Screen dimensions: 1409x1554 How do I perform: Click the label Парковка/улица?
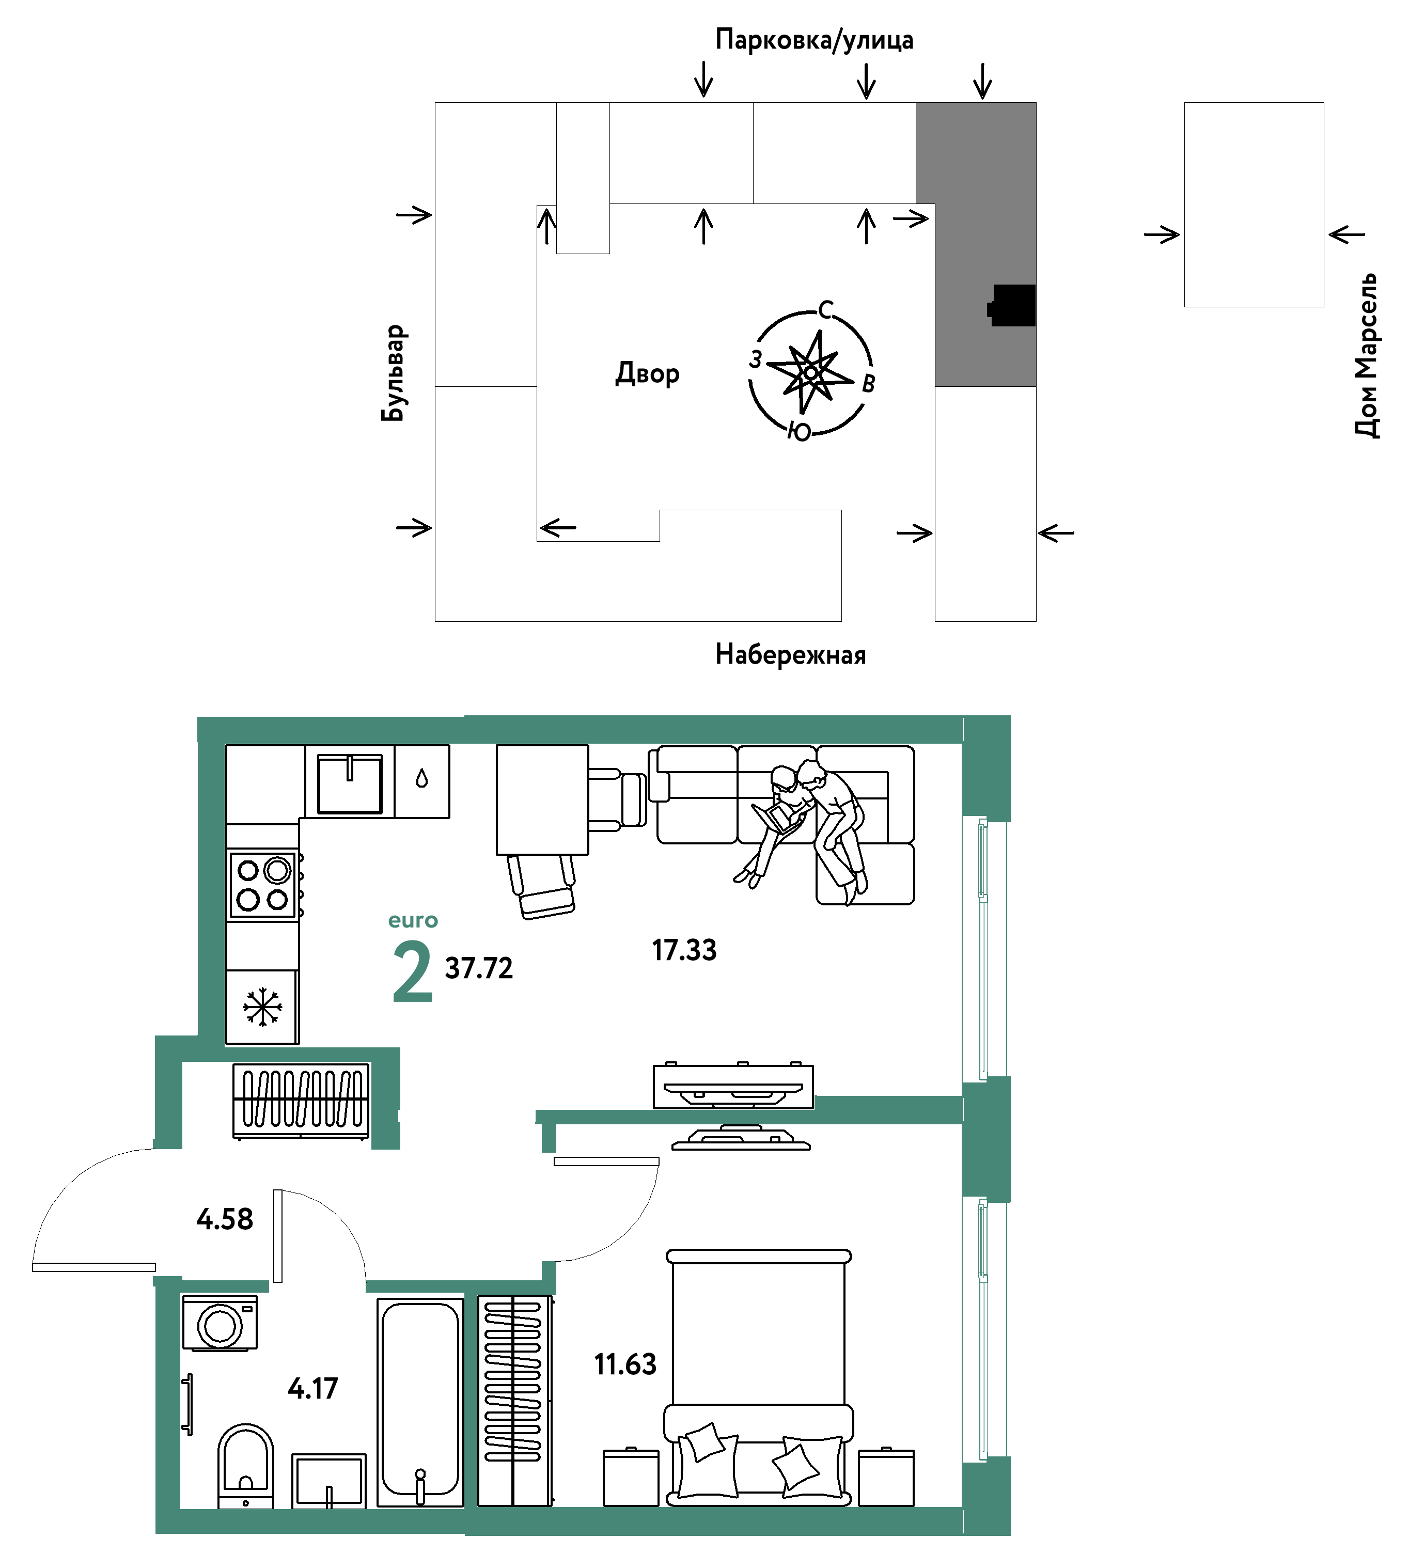click(x=814, y=39)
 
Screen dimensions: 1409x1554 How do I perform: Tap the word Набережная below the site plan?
click(x=790, y=654)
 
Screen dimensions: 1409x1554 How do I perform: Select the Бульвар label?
click(x=393, y=373)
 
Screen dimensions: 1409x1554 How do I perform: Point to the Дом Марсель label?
click(x=1367, y=355)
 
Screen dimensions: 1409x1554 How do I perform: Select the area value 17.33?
click(x=684, y=950)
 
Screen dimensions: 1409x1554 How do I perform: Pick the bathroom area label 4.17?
click(x=313, y=1388)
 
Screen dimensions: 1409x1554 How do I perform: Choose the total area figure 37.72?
click(x=479, y=968)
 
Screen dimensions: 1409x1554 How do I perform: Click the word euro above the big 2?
click(x=413, y=920)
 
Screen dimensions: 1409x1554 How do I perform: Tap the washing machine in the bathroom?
click(x=220, y=1323)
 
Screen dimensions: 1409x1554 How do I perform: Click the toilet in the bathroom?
click(x=245, y=1466)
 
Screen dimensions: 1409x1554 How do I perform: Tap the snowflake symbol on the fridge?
click(x=262, y=1007)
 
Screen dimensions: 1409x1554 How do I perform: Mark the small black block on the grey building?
click(x=1012, y=305)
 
